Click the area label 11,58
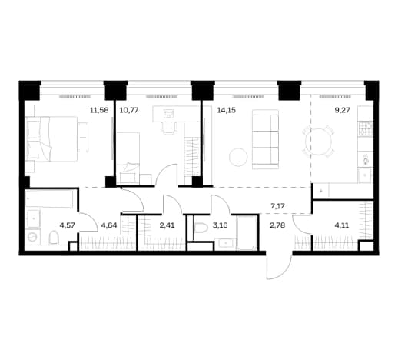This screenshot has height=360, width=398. [99, 111]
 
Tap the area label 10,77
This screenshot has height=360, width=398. [129, 111]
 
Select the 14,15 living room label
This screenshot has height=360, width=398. [227, 111]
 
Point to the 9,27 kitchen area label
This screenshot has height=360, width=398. [343, 111]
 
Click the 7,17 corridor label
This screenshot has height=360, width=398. [277, 206]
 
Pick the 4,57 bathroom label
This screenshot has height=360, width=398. [67, 225]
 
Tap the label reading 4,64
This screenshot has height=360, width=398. [109, 225]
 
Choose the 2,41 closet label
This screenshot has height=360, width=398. [167, 225]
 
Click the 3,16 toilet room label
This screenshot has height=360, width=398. [221, 225]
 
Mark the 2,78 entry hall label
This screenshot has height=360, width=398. [277, 225]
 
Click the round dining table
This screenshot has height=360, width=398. [319, 141]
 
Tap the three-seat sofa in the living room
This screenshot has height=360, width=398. [265, 139]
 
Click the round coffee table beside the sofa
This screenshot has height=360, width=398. [238, 157]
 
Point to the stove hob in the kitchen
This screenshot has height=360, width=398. [365, 129]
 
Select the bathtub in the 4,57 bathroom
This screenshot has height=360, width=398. [49, 199]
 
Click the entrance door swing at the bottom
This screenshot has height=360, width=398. [280, 268]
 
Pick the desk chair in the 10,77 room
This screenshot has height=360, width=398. [169, 127]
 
